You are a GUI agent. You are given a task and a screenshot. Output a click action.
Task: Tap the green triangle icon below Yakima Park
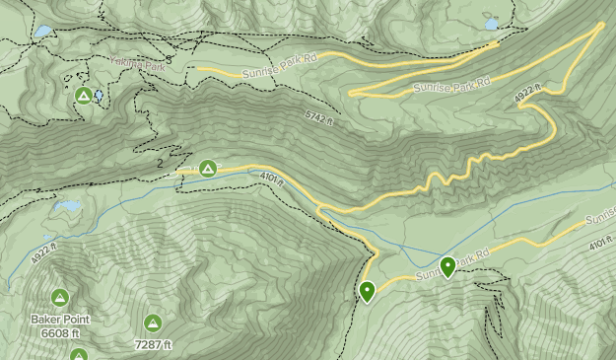point(84,96)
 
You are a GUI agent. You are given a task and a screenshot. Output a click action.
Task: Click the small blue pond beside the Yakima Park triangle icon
point(99,96)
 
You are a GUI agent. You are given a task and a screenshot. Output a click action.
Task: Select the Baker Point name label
point(59,320)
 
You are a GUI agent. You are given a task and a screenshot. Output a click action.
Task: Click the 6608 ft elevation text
point(59,333)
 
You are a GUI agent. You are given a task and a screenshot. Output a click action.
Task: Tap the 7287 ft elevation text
point(153,344)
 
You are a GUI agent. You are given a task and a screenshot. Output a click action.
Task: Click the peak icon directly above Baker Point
point(59,298)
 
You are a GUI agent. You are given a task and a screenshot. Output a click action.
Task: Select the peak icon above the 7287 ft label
point(153,323)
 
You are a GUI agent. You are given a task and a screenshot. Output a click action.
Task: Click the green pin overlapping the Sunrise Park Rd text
point(448,266)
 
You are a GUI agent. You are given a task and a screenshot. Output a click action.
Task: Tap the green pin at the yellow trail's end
point(367,291)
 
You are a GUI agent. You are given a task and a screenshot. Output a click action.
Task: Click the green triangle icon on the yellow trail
point(208,169)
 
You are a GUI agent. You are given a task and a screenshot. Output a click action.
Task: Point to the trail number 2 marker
point(160,164)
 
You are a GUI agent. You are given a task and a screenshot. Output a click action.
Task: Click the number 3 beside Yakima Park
point(169,60)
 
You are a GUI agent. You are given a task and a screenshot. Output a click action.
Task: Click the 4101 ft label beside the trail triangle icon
point(273,180)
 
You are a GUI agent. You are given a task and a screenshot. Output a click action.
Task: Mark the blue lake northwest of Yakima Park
point(41,32)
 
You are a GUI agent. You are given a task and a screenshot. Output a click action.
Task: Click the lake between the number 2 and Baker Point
point(67,207)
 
